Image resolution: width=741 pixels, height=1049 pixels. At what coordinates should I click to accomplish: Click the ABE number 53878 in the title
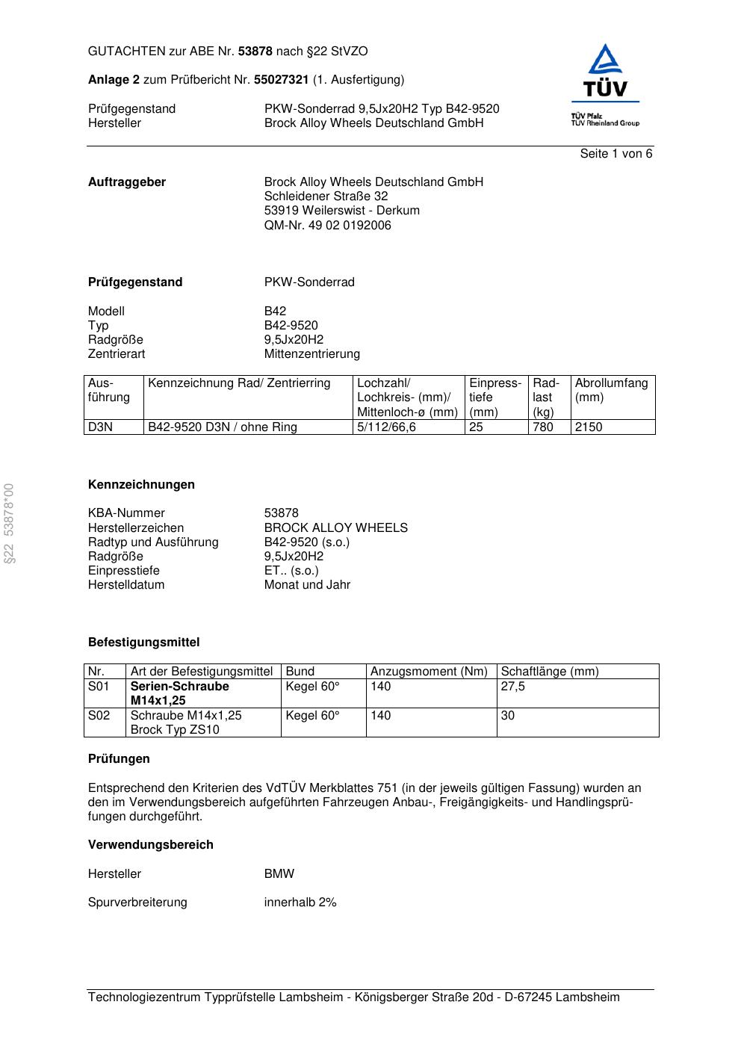[255, 52]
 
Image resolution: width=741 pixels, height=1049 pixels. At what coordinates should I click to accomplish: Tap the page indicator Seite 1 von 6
[616, 154]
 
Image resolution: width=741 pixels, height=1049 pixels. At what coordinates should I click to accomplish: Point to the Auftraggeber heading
[127, 182]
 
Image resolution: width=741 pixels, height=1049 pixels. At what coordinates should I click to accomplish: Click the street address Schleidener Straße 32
[326, 197]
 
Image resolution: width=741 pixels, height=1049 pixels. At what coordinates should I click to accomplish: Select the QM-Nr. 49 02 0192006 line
[327, 225]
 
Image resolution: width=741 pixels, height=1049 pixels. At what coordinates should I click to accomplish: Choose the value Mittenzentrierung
[311, 353]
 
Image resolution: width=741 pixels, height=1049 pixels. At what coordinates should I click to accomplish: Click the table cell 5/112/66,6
[386, 427]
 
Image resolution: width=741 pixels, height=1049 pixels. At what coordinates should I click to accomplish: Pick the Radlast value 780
[543, 427]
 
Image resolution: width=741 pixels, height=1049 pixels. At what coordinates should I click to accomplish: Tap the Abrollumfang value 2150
[589, 427]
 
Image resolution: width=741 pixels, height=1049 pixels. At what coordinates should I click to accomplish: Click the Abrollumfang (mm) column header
[611, 390]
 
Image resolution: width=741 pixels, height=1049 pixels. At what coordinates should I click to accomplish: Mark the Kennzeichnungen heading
[141, 485]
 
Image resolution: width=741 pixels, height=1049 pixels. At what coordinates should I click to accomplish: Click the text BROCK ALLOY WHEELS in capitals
[335, 527]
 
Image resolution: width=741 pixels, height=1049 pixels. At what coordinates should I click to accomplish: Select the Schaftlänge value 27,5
[513, 687]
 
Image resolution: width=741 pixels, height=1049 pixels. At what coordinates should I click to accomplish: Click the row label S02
[99, 716]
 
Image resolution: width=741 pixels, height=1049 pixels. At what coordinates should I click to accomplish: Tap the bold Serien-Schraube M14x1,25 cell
[179, 693]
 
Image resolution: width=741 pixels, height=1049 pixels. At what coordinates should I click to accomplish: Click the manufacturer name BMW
[279, 873]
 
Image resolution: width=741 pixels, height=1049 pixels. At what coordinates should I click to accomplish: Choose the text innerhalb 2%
[300, 902]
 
